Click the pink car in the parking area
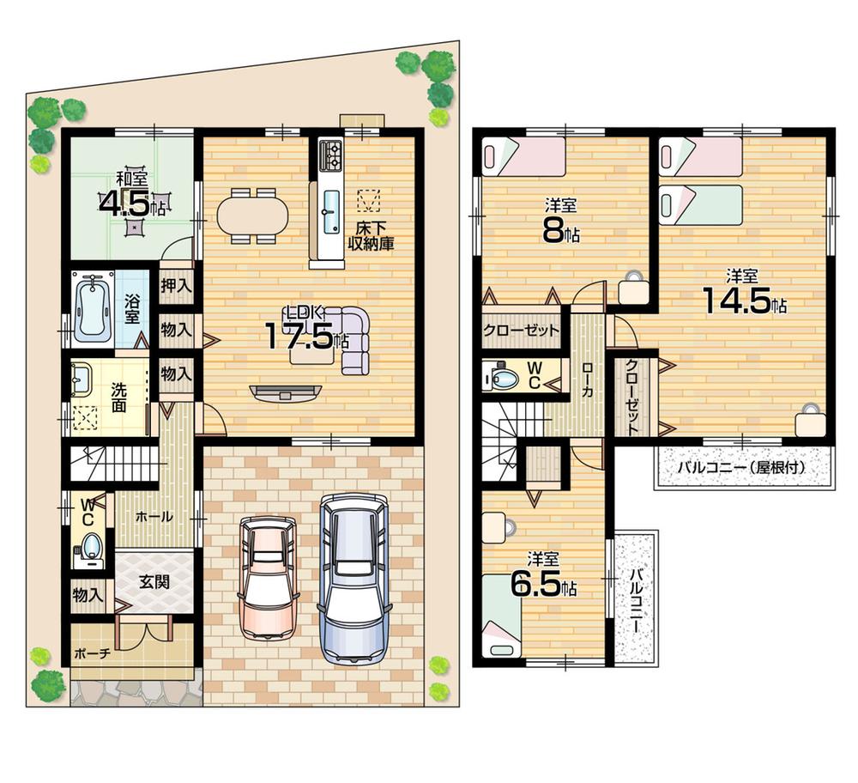click(x=267, y=578)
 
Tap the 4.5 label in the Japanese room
click(x=126, y=204)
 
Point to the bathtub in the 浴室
click(x=91, y=309)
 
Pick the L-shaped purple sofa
click(x=352, y=339)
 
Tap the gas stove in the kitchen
click(x=331, y=155)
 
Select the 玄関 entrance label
click(x=154, y=581)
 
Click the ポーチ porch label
click(x=94, y=652)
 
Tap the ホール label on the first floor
click(x=154, y=517)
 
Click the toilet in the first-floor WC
click(x=90, y=547)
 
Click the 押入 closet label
click(x=176, y=285)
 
